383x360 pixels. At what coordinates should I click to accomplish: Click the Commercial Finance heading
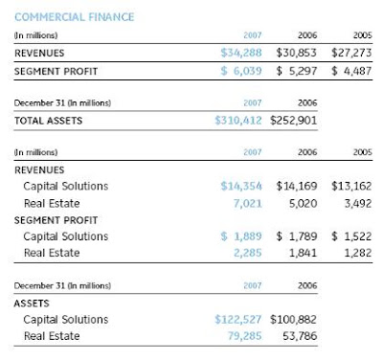click(75, 17)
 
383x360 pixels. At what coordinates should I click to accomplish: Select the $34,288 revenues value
click(241, 53)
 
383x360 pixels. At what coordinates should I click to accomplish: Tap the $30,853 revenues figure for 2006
click(297, 53)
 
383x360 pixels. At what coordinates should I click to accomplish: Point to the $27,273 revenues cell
click(351, 53)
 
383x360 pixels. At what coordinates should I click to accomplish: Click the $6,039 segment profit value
click(241, 71)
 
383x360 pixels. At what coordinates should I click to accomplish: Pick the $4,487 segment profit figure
click(351, 71)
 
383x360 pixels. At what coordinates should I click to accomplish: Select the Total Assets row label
click(48, 121)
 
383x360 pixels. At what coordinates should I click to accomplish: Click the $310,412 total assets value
click(238, 121)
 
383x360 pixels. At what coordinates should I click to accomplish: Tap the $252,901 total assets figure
click(293, 121)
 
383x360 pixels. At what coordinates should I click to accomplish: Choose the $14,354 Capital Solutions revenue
click(241, 186)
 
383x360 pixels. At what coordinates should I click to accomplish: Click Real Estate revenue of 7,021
click(248, 204)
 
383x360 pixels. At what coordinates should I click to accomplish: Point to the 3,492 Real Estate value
click(358, 204)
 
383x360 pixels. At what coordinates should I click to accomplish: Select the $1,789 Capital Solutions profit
click(297, 236)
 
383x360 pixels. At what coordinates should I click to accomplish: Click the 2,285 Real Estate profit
click(248, 253)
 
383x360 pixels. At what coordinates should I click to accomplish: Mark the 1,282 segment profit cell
click(358, 253)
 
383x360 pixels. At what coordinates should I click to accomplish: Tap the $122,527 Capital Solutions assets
click(238, 320)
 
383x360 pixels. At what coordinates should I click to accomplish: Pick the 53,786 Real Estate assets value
click(300, 336)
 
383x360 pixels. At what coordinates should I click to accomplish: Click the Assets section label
click(32, 304)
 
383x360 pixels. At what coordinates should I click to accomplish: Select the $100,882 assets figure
click(293, 320)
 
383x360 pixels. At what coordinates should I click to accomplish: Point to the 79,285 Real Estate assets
click(244, 336)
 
